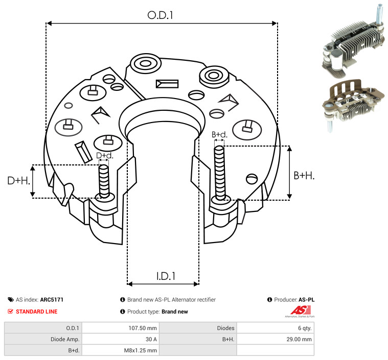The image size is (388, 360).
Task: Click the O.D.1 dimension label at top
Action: click(x=160, y=15)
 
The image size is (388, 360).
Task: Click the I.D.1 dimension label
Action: click(x=166, y=276)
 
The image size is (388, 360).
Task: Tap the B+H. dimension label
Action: click(x=304, y=175)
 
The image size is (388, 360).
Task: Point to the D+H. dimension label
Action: click(x=18, y=180)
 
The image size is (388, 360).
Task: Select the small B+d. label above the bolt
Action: click(x=219, y=135)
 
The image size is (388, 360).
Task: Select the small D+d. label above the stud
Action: click(x=104, y=155)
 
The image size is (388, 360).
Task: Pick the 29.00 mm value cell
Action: click(x=275, y=339)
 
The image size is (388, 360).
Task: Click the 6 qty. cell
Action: click(x=275, y=328)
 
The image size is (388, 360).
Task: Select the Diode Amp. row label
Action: click(x=43, y=339)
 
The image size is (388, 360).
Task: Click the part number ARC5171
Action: click(x=52, y=300)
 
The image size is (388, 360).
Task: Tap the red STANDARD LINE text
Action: click(x=36, y=311)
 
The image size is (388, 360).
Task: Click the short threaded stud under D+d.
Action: click(x=104, y=181)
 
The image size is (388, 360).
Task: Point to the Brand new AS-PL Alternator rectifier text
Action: click(x=171, y=300)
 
